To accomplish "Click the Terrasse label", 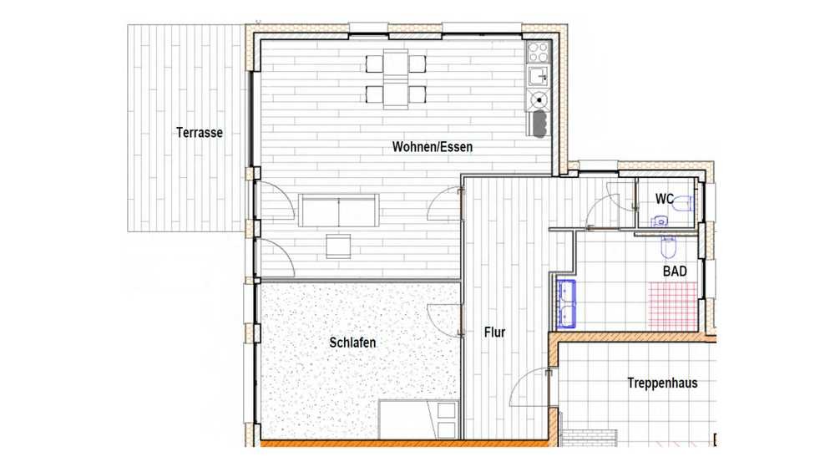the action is tap(200, 132).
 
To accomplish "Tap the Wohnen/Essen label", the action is tap(433, 146).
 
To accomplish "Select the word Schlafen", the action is tap(352, 342).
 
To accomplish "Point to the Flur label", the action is tap(494, 333).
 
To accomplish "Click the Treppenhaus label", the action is tap(662, 383).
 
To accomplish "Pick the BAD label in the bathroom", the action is tap(675, 272).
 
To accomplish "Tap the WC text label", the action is tap(664, 199).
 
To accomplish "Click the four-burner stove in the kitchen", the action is tap(538, 52).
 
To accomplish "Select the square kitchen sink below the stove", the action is tap(538, 76).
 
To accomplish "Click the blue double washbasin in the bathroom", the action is tap(566, 302).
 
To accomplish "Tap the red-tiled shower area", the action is tap(672, 305).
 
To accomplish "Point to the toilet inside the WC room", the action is tap(682, 203).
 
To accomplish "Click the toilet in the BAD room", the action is tap(669, 247).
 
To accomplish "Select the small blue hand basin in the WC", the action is tap(660, 221).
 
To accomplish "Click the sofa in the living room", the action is tap(339, 211).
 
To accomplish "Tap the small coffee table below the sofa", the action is tap(339, 246).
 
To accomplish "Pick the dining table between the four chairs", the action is tap(396, 79).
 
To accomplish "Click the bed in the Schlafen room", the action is tap(418, 420).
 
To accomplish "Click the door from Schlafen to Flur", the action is tap(445, 320).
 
